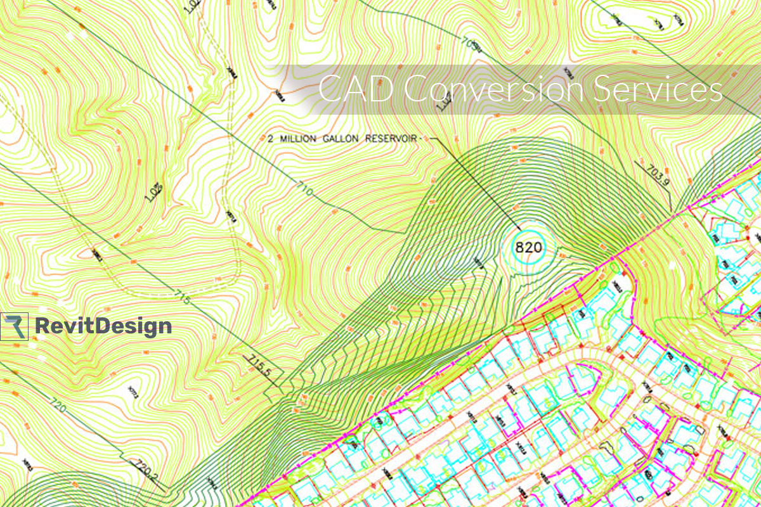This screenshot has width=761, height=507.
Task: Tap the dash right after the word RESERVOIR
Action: point(419,138)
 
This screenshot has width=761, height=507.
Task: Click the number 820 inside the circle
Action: point(528,247)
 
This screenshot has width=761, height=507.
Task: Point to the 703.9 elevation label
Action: point(656,174)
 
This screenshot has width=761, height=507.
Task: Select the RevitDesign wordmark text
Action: point(103,326)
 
